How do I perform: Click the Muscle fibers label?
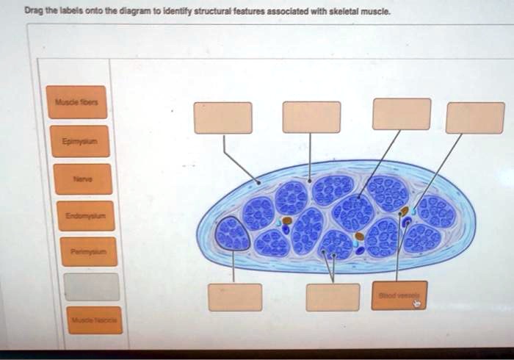tap(76, 103)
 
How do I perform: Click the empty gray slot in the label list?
tap(91, 287)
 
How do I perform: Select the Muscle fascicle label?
tap(93, 321)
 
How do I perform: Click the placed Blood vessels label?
tap(399, 295)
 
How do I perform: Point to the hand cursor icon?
tap(417, 302)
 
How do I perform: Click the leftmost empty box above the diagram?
tap(222, 118)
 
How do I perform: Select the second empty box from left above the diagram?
tap(311, 118)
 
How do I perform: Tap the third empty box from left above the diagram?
tap(401, 114)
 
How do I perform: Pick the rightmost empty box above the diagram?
tap(475, 118)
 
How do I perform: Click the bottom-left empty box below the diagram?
tap(235, 297)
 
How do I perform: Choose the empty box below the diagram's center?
tap(333, 297)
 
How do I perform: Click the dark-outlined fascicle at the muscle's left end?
tap(233, 234)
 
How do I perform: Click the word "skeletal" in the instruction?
tap(350, 12)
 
